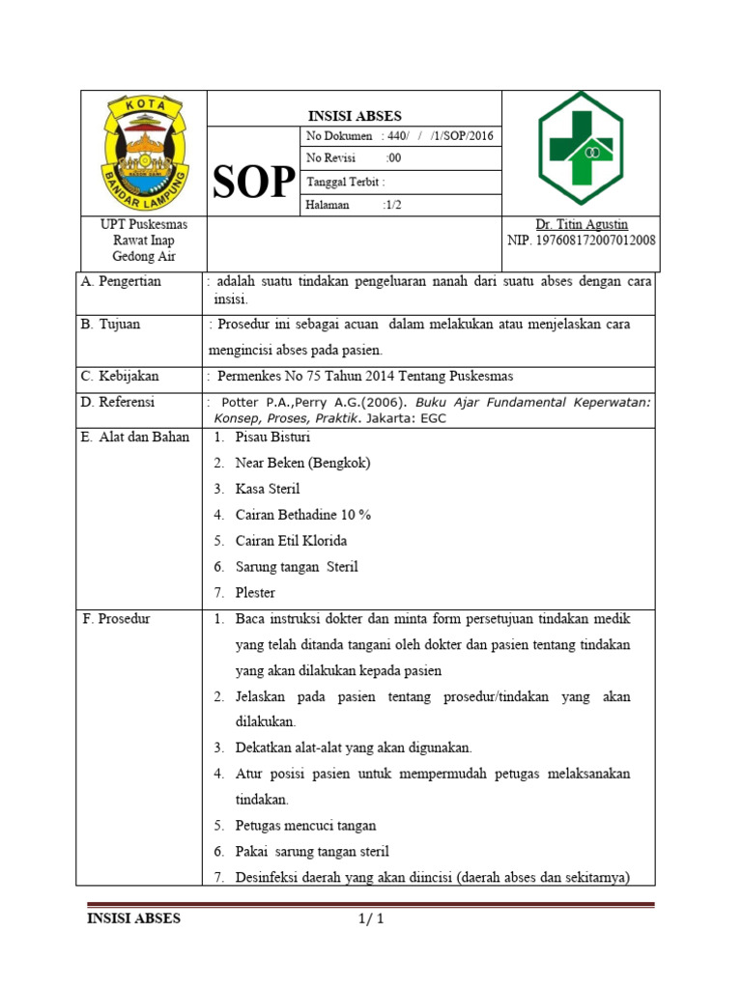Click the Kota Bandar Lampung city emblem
tap(143, 152)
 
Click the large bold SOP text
tap(254, 182)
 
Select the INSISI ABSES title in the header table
tap(354, 116)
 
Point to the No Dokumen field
tap(399, 136)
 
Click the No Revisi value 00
tap(393, 158)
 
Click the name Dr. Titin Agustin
tap(581, 224)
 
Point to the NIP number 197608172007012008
tap(581, 240)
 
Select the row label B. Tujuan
tap(111, 325)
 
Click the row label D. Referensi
tap(119, 402)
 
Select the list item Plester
tap(255, 593)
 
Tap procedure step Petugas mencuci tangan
tap(305, 826)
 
